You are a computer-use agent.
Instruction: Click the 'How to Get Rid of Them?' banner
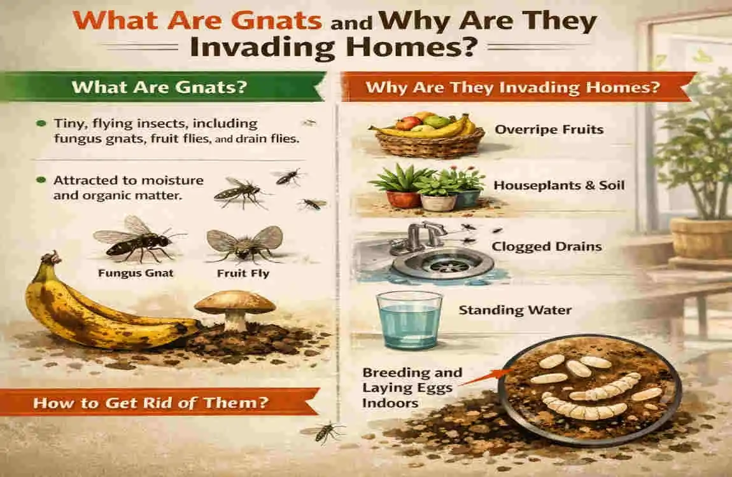pos(150,402)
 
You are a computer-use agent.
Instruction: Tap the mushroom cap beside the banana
pos(235,301)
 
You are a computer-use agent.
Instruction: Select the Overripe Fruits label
pos(549,130)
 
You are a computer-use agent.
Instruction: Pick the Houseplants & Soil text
pos(560,186)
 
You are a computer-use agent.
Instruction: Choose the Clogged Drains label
pos(547,245)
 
